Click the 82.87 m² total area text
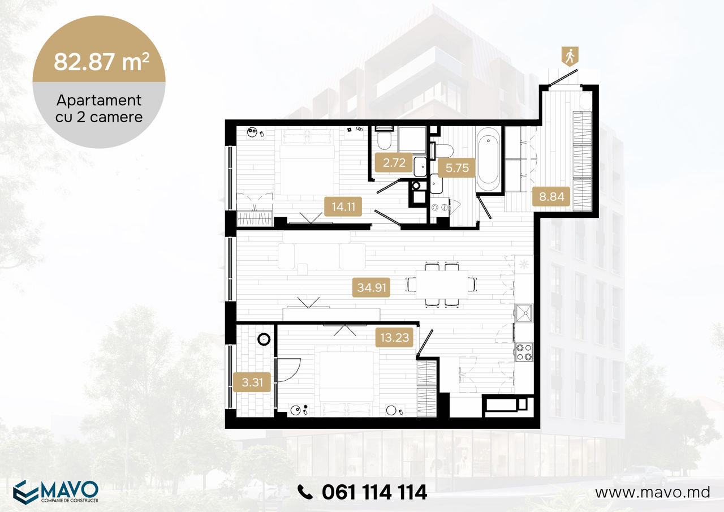coord(101,62)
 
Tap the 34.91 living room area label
coord(371,287)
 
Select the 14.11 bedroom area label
coord(343,206)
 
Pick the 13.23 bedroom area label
coord(394,337)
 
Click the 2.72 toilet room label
coord(394,162)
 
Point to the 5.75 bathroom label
coord(456,168)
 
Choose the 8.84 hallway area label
coord(551,196)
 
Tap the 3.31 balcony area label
coord(252,382)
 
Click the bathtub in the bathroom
coord(488,160)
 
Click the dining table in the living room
coord(442,285)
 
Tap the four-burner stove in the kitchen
coord(524,352)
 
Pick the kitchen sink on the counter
coord(524,313)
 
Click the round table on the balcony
coord(264,339)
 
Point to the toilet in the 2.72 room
coord(384,139)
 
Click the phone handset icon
coord(305,492)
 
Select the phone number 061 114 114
coord(374,492)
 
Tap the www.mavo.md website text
coord(653,492)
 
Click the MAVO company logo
coord(55,492)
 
